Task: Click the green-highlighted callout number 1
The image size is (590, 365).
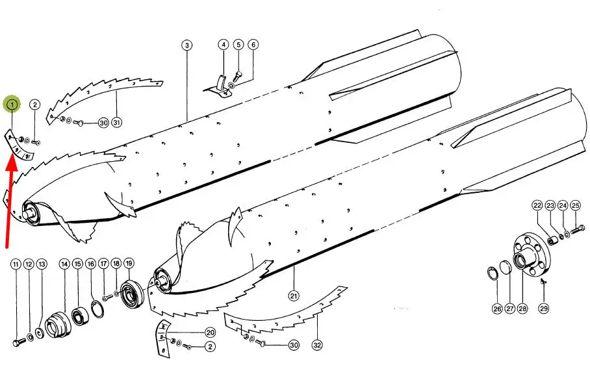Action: pos(12,104)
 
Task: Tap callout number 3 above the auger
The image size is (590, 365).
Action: pos(187,45)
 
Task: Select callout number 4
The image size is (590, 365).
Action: pos(224,45)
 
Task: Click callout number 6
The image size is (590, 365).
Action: pos(253,45)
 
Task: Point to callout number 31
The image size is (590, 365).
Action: pos(117,122)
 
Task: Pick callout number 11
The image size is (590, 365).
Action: pos(16,264)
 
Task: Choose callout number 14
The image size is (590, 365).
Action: pos(65,264)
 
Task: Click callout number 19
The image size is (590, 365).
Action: pos(129,263)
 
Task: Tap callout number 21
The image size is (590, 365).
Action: pos(294,296)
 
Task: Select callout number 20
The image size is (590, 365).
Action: pos(210,333)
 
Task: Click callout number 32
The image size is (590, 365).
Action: pos(317,345)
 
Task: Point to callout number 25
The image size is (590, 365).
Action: pos(575,205)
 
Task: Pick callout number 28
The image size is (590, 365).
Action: pos(522,308)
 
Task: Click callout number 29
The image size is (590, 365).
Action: pos(544,308)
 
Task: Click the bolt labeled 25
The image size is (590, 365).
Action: pos(578,229)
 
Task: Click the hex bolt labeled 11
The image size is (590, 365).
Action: pos(19,342)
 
